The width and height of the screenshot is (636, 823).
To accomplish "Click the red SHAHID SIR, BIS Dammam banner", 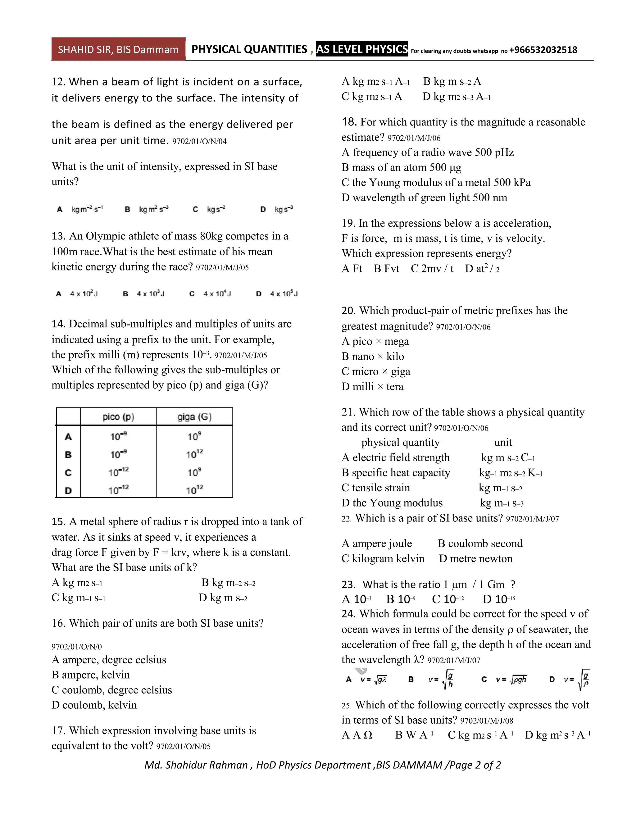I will pos(118,49).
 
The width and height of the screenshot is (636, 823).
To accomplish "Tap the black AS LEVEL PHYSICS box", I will pos(362,49).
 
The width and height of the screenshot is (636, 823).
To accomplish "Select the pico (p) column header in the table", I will pos(118,417).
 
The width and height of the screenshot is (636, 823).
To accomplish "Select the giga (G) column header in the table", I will pos(194,417).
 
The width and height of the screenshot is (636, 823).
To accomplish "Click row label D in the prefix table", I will pos(68,490).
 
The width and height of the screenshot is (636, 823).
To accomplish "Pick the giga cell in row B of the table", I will pos(194,454).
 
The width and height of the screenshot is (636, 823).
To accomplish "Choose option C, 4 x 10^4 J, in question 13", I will pos(210,293).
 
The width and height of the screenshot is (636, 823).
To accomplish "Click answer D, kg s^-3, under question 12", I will pos(277,209).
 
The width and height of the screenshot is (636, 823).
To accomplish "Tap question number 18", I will pos(349,122).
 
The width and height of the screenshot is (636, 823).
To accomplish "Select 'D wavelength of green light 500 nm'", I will pos(424,198).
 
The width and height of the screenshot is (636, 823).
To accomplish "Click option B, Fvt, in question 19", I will pos(386,269).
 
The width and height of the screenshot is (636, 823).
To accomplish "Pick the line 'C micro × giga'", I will pos(376,371).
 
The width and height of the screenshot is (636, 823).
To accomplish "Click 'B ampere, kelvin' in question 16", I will pos(91,675).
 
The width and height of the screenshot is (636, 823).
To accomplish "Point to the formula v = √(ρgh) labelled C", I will pos(505,680).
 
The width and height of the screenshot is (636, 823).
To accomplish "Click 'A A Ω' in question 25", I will pos(357,735).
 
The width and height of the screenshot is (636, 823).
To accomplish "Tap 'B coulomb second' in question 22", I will pos(480,543).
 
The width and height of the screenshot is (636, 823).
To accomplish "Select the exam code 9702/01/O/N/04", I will pos(199,142).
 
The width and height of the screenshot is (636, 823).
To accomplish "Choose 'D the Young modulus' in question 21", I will pos(392,503).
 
